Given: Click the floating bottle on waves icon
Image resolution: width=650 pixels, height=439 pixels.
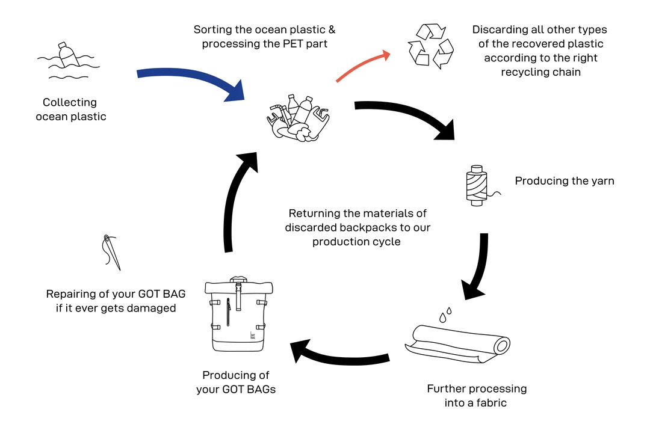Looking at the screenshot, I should [x=67, y=60].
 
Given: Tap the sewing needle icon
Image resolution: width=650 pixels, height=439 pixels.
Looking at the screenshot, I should [x=111, y=252].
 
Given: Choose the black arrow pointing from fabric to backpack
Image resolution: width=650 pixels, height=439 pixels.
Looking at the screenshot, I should [x=343, y=352].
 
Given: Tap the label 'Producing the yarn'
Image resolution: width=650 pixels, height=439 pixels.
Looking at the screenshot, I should [x=565, y=181].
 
